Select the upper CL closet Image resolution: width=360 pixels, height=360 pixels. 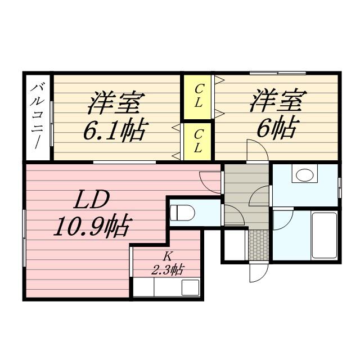(199, 96)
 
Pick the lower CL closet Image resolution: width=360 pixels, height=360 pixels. (198, 141)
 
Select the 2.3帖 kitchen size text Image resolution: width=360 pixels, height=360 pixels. (167, 269)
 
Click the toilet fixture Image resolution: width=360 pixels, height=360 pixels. (182, 213)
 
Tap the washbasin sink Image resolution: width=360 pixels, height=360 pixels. (304, 175)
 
